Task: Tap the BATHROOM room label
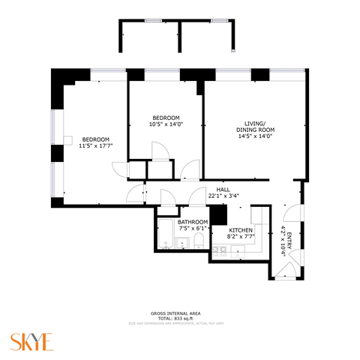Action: [x=193, y=222]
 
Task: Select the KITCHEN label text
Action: [x=241, y=229]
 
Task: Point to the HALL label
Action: [x=223, y=190]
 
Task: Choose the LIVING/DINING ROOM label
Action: [x=255, y=127]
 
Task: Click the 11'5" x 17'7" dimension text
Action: [x=96, y=147]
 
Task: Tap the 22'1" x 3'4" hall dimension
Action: [x=223, y=196]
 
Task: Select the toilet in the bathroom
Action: [x=197, y=241]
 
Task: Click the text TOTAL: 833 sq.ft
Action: [x=180, y=318]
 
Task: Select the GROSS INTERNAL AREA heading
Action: [x=180, y=313]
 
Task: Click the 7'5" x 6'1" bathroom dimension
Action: [x=193, y=229]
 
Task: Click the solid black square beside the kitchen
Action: [x=219, y=214]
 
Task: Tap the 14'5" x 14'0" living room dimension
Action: [x=255, y=136]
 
